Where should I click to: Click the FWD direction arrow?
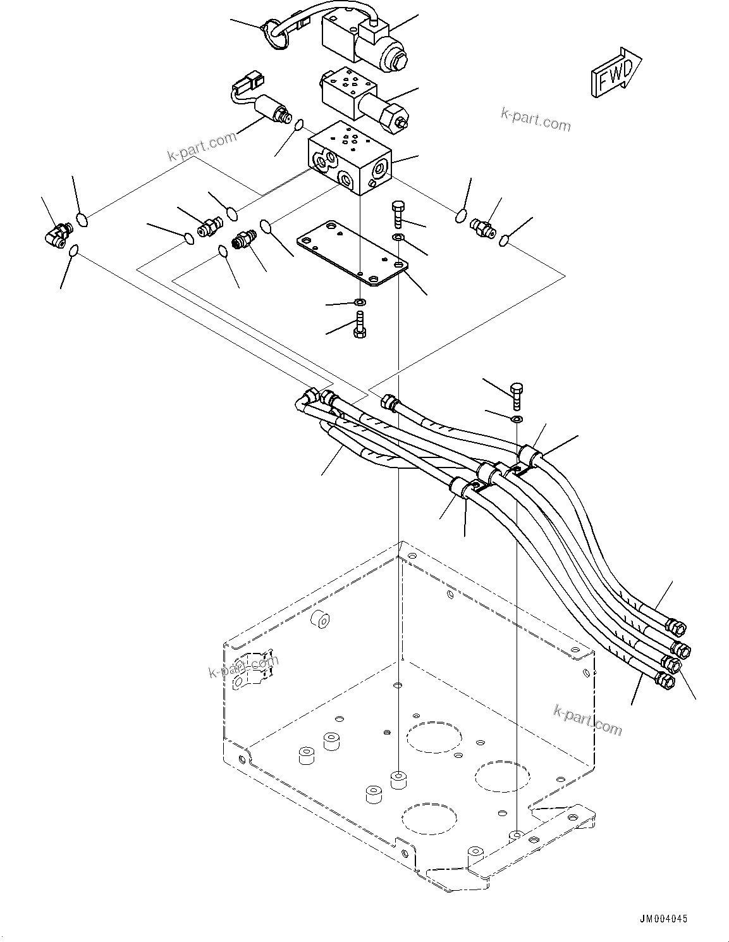pyautogui.click(x=615, y=73)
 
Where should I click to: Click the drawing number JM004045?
pyautogui.click(x=662, y=919)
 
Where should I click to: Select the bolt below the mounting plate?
pyautogui.click(x=360, y=328)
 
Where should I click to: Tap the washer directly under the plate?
pyautogui.click(x=360, y=301)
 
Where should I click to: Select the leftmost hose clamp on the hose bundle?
pyautogui.click(x=460, y=488)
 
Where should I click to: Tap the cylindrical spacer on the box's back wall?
pyautogui.click(x=322, y=621)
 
